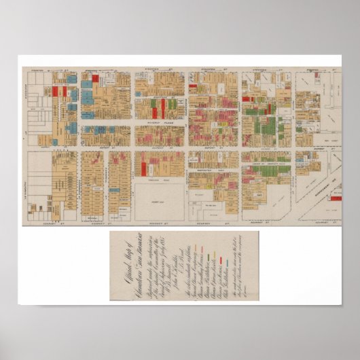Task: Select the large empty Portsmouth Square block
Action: point(159,200)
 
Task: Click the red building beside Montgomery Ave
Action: point(336,198)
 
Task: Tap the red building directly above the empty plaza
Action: point(159,162)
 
